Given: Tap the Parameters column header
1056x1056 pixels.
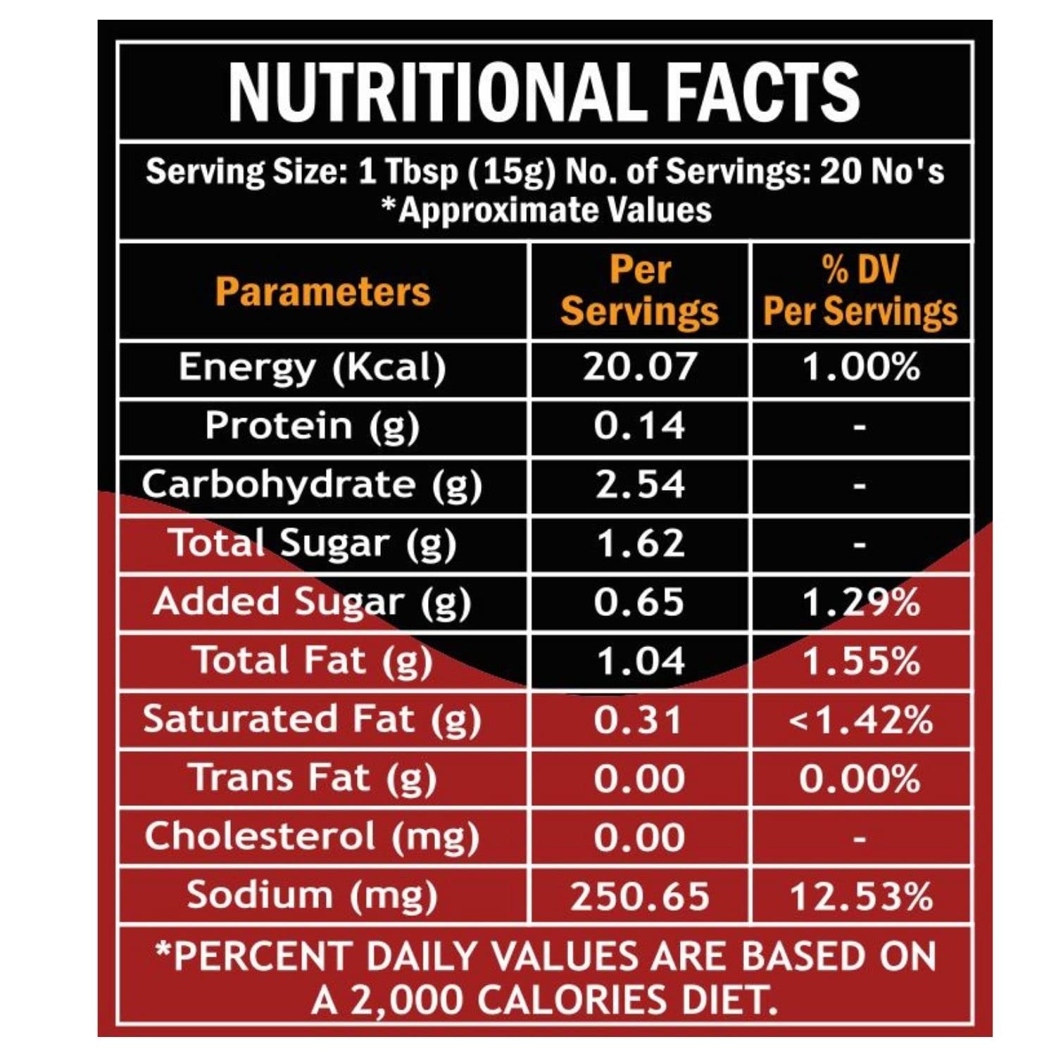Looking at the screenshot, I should [322, 291].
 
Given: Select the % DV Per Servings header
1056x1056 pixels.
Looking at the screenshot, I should [860, 291].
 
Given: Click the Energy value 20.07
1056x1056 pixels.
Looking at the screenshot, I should [639, 367].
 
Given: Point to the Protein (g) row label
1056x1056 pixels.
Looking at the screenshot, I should [312, 427].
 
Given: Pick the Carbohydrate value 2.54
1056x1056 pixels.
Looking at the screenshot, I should [639, 485].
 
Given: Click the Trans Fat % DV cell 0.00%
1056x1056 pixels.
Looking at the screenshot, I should [860, 779].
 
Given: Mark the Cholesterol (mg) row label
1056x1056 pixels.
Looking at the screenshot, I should [312, 838].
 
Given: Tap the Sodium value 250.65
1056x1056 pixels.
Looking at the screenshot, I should [639, 897].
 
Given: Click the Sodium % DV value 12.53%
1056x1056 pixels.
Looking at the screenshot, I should [860, 897].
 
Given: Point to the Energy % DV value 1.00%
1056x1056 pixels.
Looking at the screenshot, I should [860, 367].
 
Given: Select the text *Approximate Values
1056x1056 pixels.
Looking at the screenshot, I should [546, 210].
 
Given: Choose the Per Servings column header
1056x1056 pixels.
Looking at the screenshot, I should [639, 291].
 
